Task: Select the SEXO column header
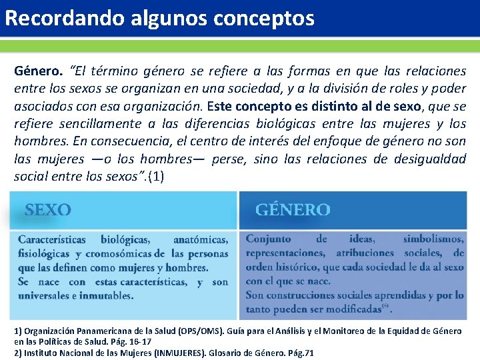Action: pos(48,210)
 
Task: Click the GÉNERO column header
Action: pos(292,210)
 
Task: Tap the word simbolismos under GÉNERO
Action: pos(433,239)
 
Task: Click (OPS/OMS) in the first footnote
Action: pos(199,331)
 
